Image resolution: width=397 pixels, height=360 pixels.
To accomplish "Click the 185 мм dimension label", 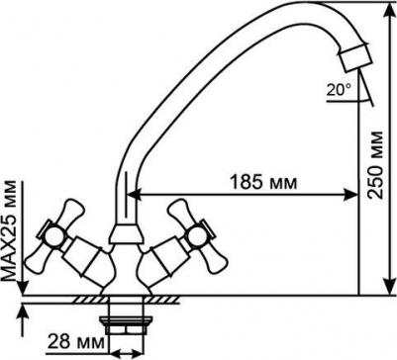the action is [263, 182].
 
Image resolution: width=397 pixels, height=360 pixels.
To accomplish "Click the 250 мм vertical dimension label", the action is [376, 165].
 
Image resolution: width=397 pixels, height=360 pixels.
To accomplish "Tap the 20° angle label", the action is [339, 90].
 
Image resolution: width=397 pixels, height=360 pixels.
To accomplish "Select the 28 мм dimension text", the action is [76, 342].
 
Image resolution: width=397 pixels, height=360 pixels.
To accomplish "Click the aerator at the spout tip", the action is [355, 58].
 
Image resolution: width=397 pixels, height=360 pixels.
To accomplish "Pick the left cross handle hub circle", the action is [53, 237].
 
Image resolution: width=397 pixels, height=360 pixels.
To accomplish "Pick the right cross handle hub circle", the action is [197, 235].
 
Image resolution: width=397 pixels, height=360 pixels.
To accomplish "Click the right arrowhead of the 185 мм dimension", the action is [351, 195].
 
